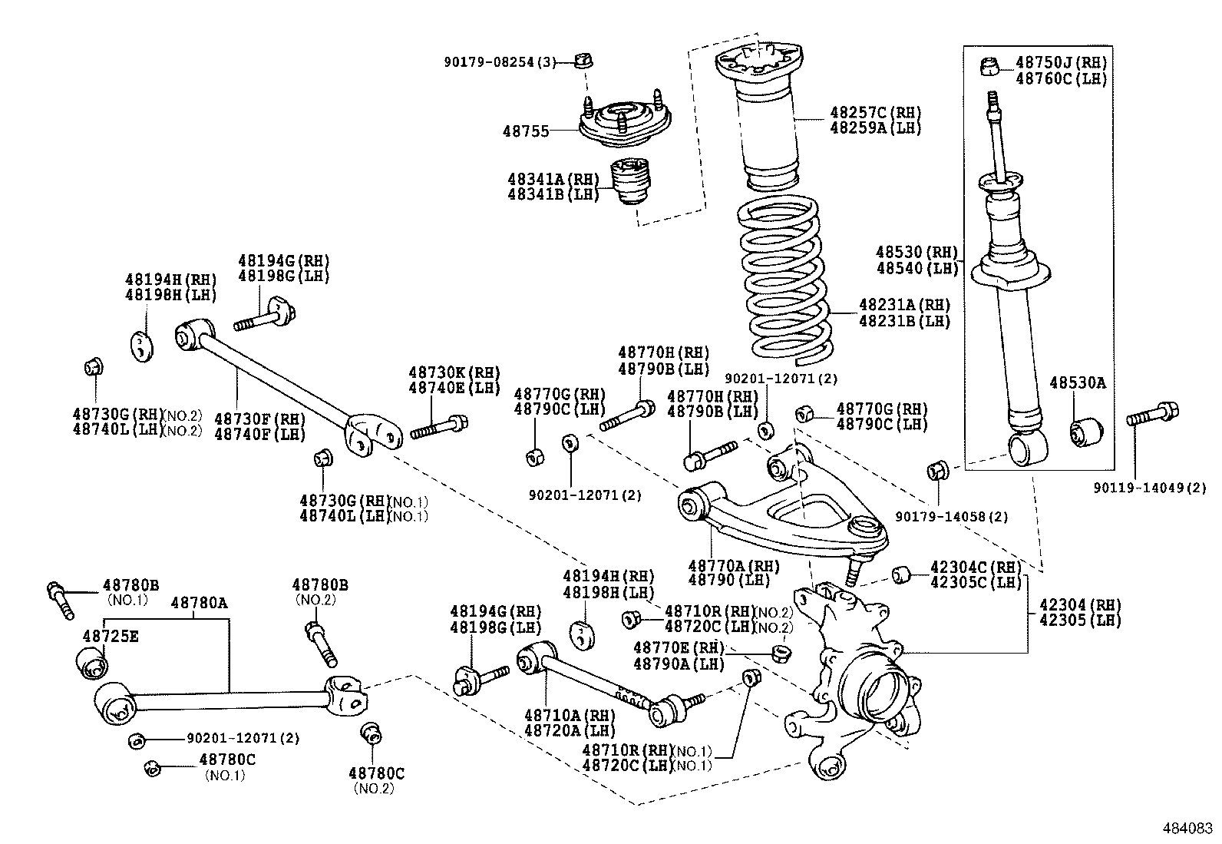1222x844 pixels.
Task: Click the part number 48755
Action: coord(526,131)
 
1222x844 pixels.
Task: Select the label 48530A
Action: coord(1078,382)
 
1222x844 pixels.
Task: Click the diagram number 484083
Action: coord(1187,829)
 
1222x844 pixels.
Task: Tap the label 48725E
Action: coord(111,636)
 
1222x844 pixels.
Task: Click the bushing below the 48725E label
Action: coord(92,663)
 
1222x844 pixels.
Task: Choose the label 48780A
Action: coord(199,603)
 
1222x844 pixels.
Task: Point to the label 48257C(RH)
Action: coord(875,113)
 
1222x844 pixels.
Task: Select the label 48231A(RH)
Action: coord(904,305)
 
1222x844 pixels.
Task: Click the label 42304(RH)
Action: coord(1078,604)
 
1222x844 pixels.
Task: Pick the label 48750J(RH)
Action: coord(1061,63)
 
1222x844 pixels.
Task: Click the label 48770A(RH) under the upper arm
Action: coord(733,566)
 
